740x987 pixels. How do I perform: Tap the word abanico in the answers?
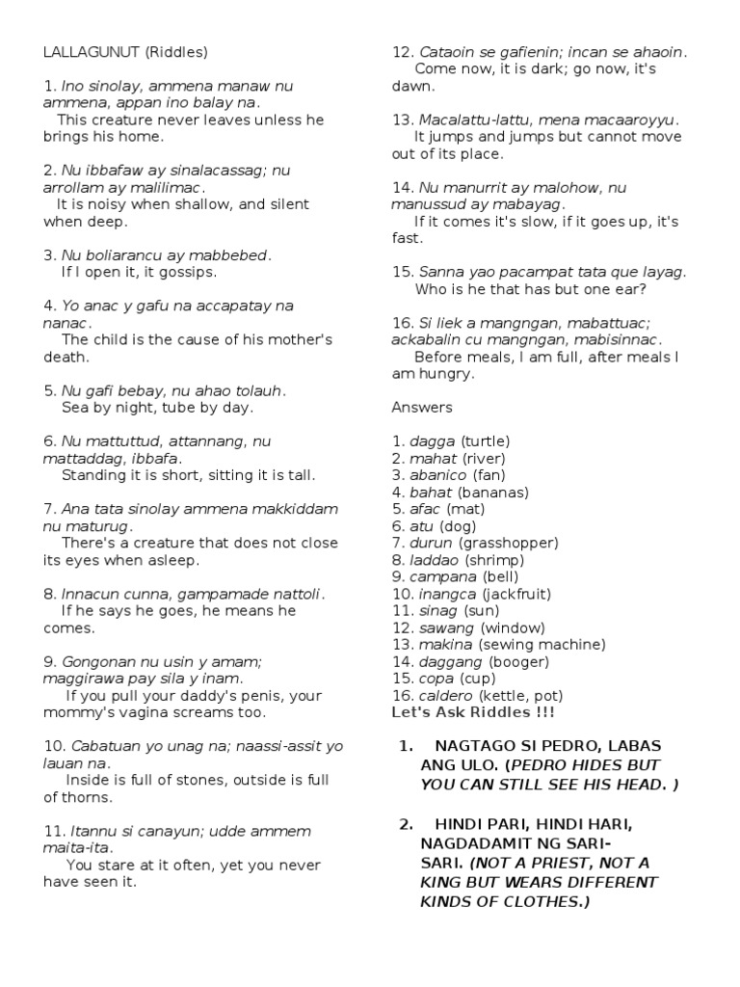coord(438,475)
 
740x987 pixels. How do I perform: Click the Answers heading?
coord(421,408)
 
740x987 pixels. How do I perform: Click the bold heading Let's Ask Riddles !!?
coord(473,712)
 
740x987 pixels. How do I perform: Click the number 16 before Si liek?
coord(402,323)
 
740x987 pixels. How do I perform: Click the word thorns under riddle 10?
coord(90,797)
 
